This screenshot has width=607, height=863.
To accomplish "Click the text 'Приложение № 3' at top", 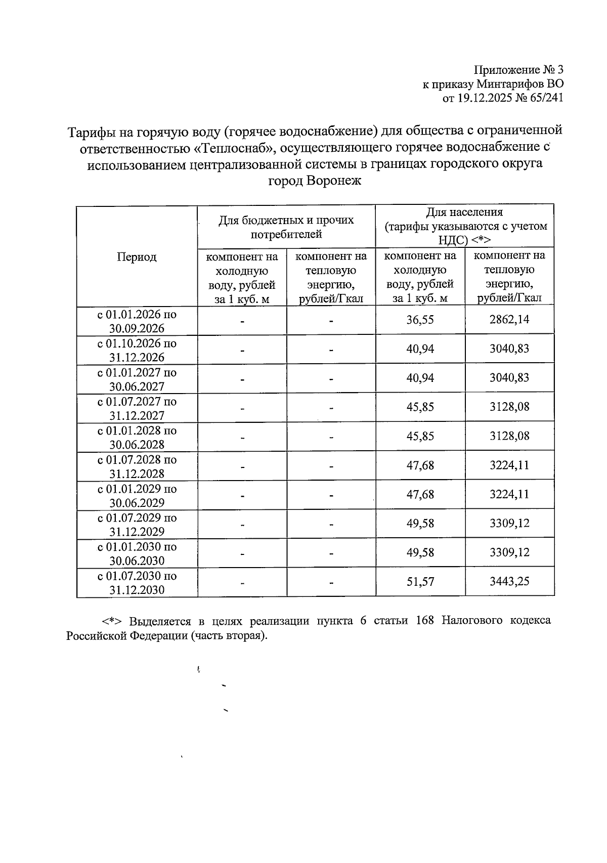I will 518,70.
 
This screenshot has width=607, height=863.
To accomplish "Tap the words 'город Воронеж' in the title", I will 314,181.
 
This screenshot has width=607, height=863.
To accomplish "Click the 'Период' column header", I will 137,257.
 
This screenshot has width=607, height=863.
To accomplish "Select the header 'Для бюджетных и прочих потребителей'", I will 286,227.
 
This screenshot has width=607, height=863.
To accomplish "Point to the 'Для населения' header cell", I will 465,212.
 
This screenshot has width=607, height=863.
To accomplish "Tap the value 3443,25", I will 509,582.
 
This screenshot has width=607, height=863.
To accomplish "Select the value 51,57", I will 420,582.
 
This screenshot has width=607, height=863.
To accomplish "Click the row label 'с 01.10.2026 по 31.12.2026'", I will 137,350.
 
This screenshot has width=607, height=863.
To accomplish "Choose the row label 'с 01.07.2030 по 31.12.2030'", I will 137,583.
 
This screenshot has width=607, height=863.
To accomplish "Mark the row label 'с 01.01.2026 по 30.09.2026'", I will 137,321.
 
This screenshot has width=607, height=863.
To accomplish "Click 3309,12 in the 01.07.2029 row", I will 509,524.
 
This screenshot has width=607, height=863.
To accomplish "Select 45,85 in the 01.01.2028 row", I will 420,437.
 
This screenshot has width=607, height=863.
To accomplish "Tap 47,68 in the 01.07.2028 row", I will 420,465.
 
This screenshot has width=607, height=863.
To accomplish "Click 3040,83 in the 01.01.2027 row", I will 509,378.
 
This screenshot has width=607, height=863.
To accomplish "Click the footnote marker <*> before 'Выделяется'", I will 111,621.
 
